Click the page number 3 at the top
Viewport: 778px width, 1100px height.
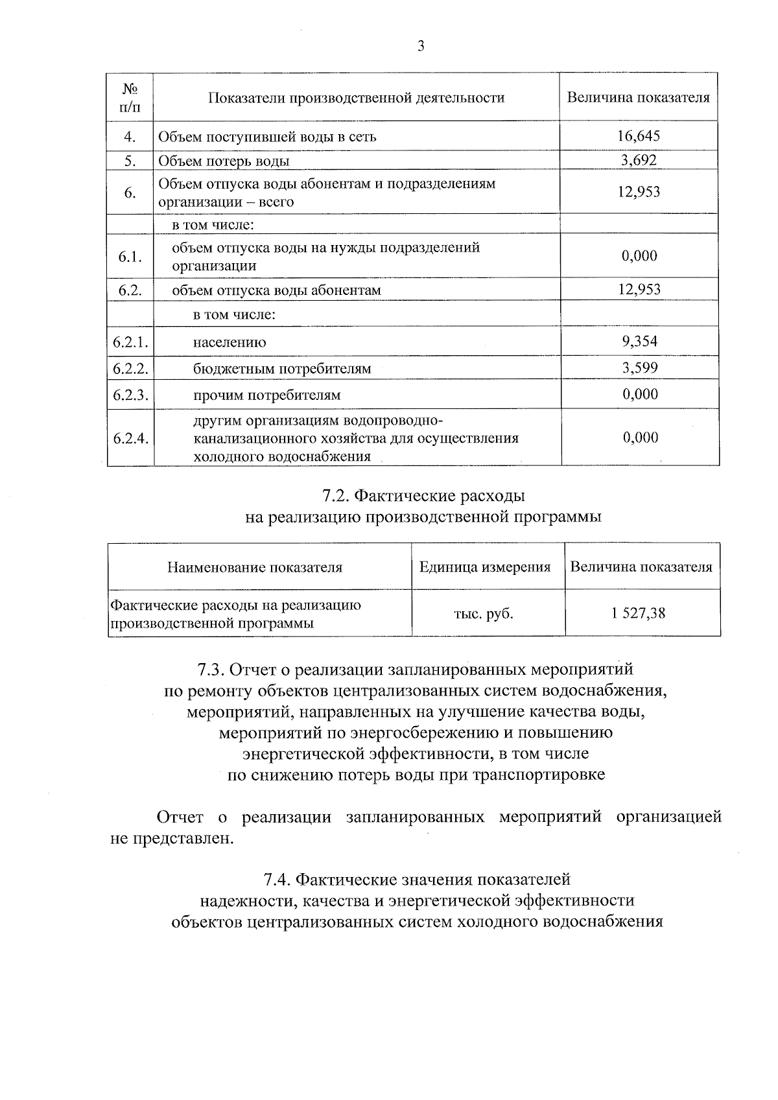pyautogui.click(x=421, y=46)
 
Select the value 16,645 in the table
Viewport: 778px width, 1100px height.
pyautogui.click(x=639, y=136)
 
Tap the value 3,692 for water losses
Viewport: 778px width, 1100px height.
pyautogui.click(x=639, y=160)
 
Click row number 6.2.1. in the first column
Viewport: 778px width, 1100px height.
pyautogui.click(x=130, y=342)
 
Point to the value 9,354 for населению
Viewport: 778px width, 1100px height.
pyautogui.click(x=639, y=341)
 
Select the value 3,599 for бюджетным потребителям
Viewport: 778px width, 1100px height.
pyautogui.click(x=640, y=368)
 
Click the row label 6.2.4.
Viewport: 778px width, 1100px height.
pyautogui.click(x=130, y=438)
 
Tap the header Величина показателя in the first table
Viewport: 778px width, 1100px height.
pyautogui.click(x=638, y=98)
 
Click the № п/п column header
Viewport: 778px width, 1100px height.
pyautogui.click(x=130, y=97)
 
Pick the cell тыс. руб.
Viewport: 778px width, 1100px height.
pyautogui.click(x=483, y=613)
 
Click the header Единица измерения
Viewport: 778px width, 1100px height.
pyautogui.click(x=484, y=567)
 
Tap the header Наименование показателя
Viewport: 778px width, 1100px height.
pyautogui.click(x=255, y=568)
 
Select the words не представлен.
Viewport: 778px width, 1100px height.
pyautogui.click(x=171, y=839)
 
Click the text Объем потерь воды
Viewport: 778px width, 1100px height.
pyautogui.click(x=224, y=161)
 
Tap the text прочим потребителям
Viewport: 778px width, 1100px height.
pyautogui.click(x=266, y=395)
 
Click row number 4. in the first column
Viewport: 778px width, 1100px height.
pyautogui.click(x=130, y=137)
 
